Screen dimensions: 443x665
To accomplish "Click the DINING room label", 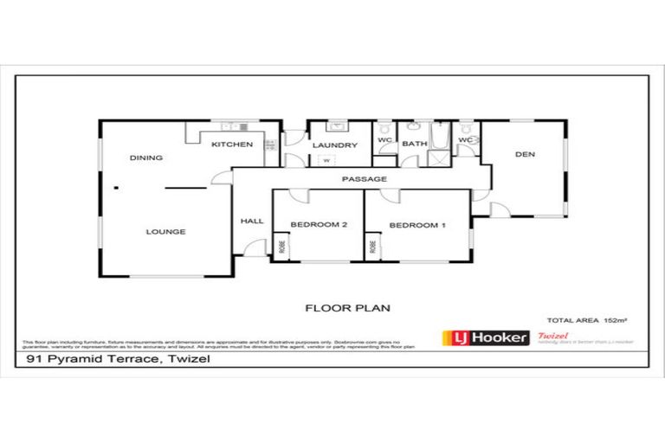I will pyautogui.click(x=146, y=158).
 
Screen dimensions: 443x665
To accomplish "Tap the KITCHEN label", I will pyautogui.click(x=232, y=144).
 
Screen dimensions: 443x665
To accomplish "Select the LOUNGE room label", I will pyautogui.click(x=165, y=232).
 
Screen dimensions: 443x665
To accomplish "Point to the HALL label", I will pyautogui.click(x=251, y=221).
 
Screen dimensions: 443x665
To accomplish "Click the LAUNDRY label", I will pyautogui.click(x=334, y=145).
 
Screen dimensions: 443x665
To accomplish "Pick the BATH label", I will pyautogui.click(x=414, y=144).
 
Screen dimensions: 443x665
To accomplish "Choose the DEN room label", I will pyautogui.click(x=525, y=155).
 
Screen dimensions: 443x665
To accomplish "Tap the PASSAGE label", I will pyautogui.click(x=364, y=179).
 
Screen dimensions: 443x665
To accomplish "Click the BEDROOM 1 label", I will pyautogui.click(x=417, y=226).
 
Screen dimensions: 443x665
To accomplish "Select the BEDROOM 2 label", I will pyautogui.click(x=319, y=226).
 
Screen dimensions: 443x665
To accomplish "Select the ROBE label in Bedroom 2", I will pyautogui.click(x=282, y=246).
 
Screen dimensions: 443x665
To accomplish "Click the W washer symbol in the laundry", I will pyautogui.click(x=326, y=161).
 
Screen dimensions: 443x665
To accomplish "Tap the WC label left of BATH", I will pyautogui.click(x=384, y=141).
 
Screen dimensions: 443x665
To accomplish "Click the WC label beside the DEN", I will pyautogui.click(x=466, y=140).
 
